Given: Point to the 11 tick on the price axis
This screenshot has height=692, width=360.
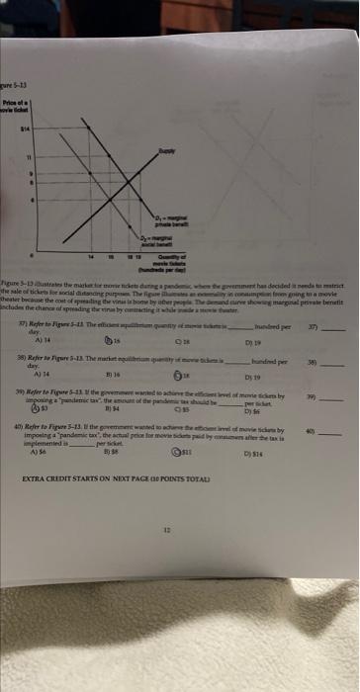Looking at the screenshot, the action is pos(31,156).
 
